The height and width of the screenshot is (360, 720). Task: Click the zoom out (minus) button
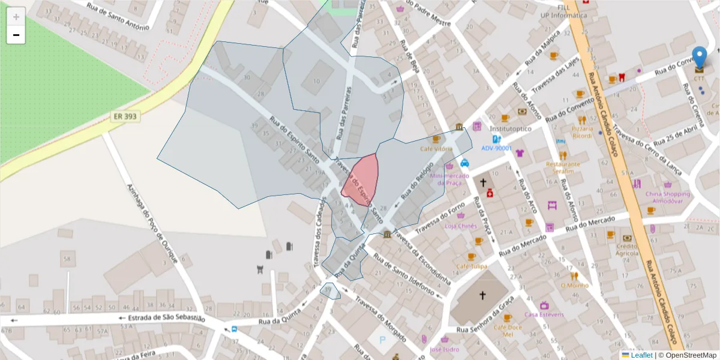16,35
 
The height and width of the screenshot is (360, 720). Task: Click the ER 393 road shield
125,116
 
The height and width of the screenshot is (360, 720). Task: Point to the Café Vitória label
436,148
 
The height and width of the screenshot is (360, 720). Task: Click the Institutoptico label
511,128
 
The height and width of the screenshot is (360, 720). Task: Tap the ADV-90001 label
496,148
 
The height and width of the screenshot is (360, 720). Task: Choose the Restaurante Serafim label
563,167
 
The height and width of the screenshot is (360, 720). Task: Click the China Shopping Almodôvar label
668,197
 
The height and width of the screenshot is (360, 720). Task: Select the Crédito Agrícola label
627,249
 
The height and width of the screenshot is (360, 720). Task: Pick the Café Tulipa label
472,266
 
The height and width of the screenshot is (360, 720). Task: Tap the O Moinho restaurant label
574,285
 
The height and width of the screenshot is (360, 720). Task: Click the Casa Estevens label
544,314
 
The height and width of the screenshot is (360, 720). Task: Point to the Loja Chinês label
461,226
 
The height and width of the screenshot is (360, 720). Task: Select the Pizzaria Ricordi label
582,132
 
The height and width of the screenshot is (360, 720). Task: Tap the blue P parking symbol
383,340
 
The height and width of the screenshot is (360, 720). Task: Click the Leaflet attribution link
641,355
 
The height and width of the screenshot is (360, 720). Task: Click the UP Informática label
564,15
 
